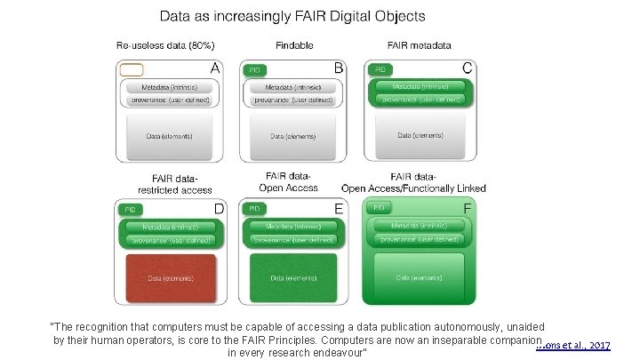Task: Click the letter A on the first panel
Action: point(214,67)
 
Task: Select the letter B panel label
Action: point(338,67)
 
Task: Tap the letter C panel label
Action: point(468,67)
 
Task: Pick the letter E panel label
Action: point(338,208)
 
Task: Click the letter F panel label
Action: point(468,208)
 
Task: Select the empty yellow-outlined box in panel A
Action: point(131,69)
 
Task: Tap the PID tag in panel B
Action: point(255,69)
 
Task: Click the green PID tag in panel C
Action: point(380,69)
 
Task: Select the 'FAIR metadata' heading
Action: point(419,44)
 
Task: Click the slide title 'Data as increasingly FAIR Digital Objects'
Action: point(292,16)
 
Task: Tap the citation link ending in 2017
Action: point(574,344)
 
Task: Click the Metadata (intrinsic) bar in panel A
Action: point(168,87)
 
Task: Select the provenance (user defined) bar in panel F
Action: point(419,238)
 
